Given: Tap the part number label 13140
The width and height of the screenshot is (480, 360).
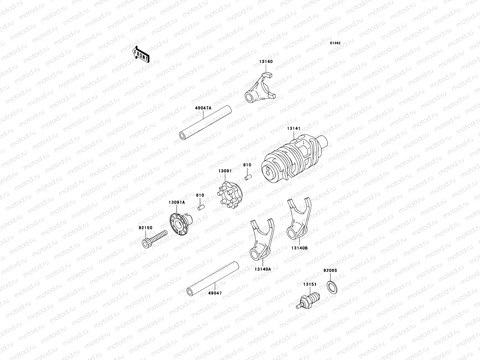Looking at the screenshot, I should pyautogui.click(x=266, y=61).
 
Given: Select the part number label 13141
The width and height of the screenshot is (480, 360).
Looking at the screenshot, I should pyautogui.click(x=293, y=128).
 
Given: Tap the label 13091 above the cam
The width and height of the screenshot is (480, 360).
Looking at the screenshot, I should pyautogui.click(x=225, y=171).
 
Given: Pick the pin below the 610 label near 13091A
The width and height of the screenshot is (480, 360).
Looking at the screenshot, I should pyautogui.click(x=200, y=207).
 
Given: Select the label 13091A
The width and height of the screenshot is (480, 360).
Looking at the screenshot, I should pyautogui.click(x=176, y=202).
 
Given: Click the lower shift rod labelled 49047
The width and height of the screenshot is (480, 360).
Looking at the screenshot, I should pyautogui.click(x=213, y=277).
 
